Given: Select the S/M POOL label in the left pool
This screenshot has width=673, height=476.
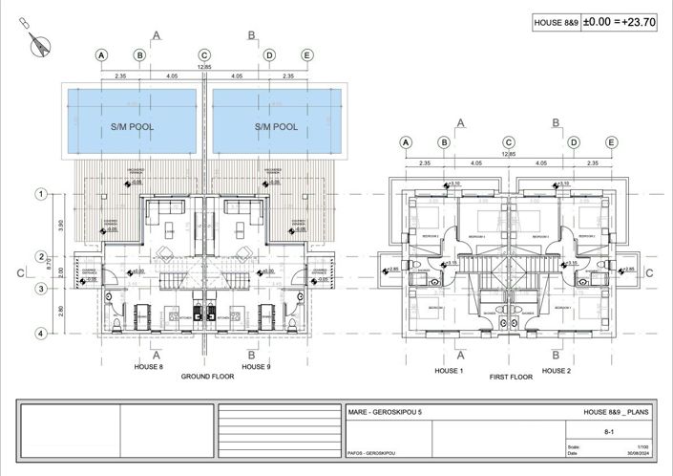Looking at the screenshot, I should coord(133,126).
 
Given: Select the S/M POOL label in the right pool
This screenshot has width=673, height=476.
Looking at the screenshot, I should coord(276,126).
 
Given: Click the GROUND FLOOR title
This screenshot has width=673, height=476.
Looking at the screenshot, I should coord(208,377).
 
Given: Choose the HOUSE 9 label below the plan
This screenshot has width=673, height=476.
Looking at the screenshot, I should coord(257,366).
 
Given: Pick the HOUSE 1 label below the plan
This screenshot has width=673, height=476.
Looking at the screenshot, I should coord(449,370).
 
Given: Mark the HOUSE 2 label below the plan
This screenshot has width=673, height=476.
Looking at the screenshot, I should coord(557,370).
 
